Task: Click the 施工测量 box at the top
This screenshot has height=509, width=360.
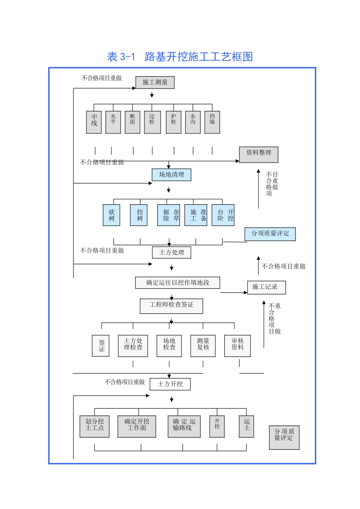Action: [155, 82]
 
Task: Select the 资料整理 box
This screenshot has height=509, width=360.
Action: [259, 155]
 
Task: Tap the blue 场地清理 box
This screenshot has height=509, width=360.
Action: [172, 175]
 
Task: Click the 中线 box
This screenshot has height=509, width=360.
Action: [94, 122]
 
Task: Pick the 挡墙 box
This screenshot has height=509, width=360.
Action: [212, 122]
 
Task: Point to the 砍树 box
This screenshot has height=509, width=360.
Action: [111, 215]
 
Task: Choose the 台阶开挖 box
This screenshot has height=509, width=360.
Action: [223, 215]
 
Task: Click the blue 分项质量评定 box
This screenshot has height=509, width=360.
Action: [270, 234]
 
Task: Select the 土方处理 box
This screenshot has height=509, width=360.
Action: [172, 252]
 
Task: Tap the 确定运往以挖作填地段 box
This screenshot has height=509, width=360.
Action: [178, 283]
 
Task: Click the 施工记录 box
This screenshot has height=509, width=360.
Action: [266, 287]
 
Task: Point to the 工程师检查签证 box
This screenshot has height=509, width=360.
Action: [172, 306]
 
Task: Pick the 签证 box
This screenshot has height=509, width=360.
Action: [101, 346]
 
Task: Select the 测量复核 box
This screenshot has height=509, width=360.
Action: [203, 346]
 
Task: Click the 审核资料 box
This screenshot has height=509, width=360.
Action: [238, 346]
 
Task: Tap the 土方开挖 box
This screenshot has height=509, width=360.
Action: [170, 384]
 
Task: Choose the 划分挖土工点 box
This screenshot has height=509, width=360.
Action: [94, 426]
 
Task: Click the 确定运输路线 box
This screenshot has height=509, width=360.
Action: [184, 426]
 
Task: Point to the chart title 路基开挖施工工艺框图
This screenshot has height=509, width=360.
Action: [180, 57]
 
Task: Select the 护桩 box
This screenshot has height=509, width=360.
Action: [174, 122]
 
